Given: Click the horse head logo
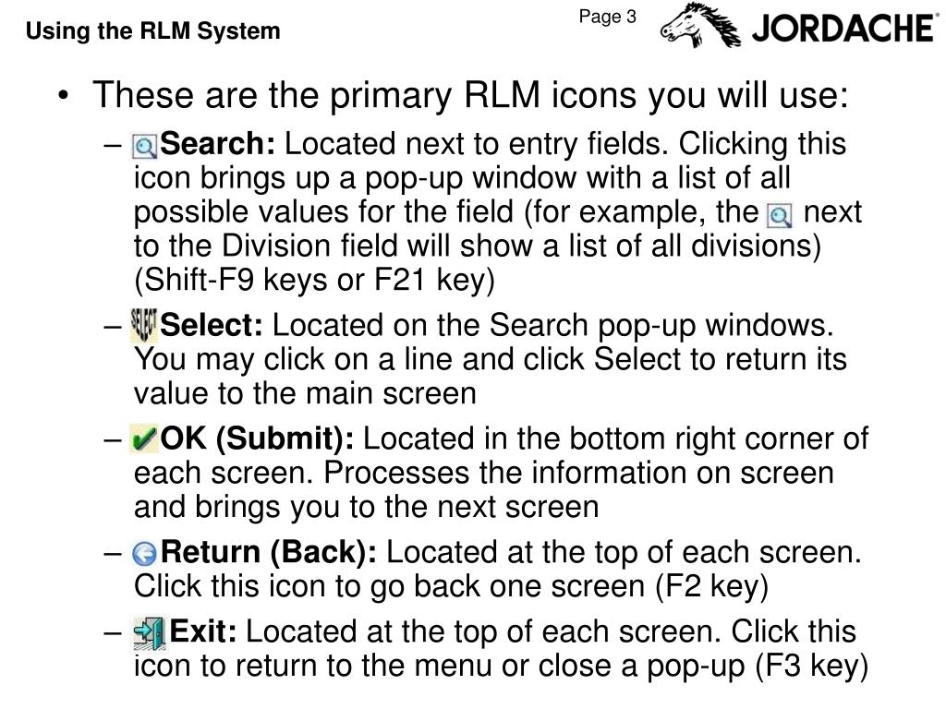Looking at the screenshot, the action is point(700,25).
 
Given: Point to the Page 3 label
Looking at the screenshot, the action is point(608,17).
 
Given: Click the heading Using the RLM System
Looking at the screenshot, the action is point(153,30).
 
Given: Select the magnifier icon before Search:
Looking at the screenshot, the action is point(145,147).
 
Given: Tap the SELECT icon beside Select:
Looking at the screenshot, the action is point(143,326).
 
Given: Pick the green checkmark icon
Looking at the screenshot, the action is point(143,439).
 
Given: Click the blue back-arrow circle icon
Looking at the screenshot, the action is point(145,554).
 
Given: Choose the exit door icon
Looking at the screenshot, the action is point(149,633).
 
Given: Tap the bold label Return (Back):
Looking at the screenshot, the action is point(269,553).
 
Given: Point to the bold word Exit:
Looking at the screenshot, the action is point(203,631).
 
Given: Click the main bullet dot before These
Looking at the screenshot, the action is point(64,96).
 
